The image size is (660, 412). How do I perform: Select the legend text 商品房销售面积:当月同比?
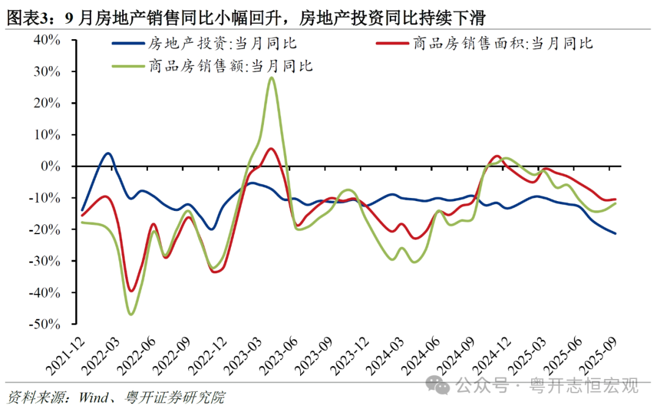coord(502,43)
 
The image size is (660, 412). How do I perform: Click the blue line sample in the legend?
coord(128,43)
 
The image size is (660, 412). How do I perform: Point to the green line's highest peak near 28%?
coord(271,78)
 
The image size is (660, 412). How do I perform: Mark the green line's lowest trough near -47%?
coord(131,314)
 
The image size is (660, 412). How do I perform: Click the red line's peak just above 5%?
coord(271,149)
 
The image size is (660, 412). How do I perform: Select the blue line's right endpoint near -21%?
coord(615,234)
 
